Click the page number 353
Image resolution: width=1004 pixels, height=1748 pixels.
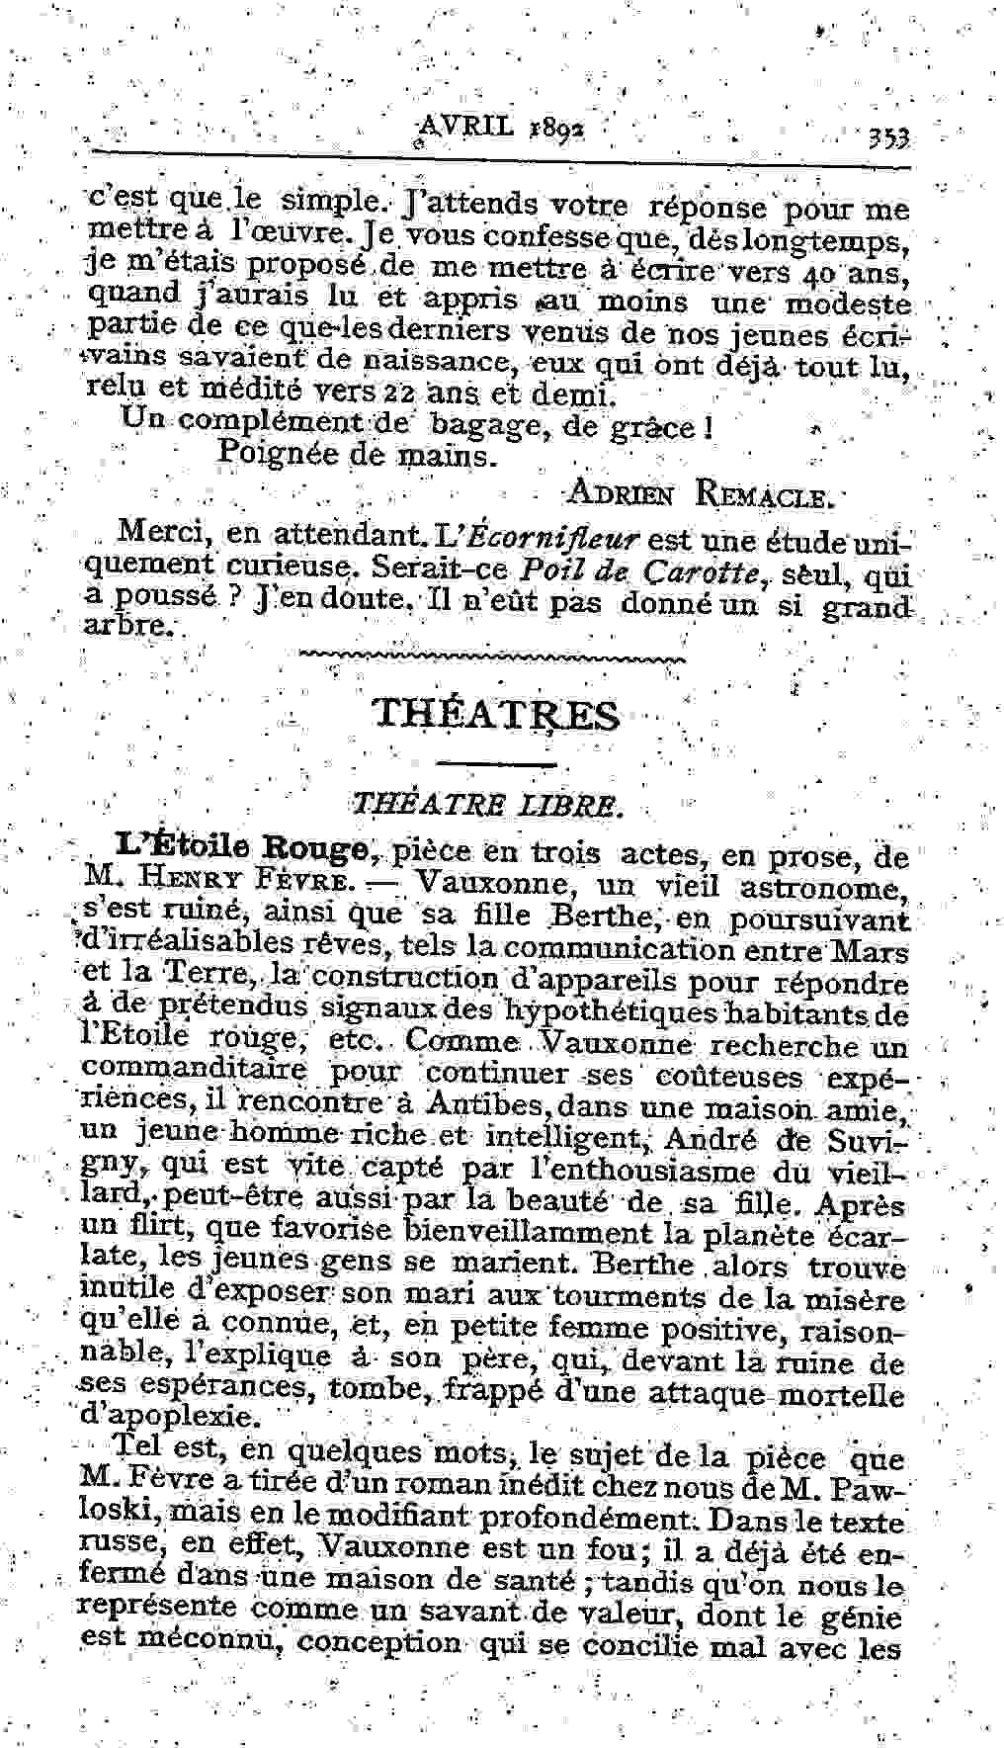point(889,137)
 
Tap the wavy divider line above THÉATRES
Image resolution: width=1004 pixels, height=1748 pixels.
point(491,655)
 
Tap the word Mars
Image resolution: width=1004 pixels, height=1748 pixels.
point(874,950)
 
